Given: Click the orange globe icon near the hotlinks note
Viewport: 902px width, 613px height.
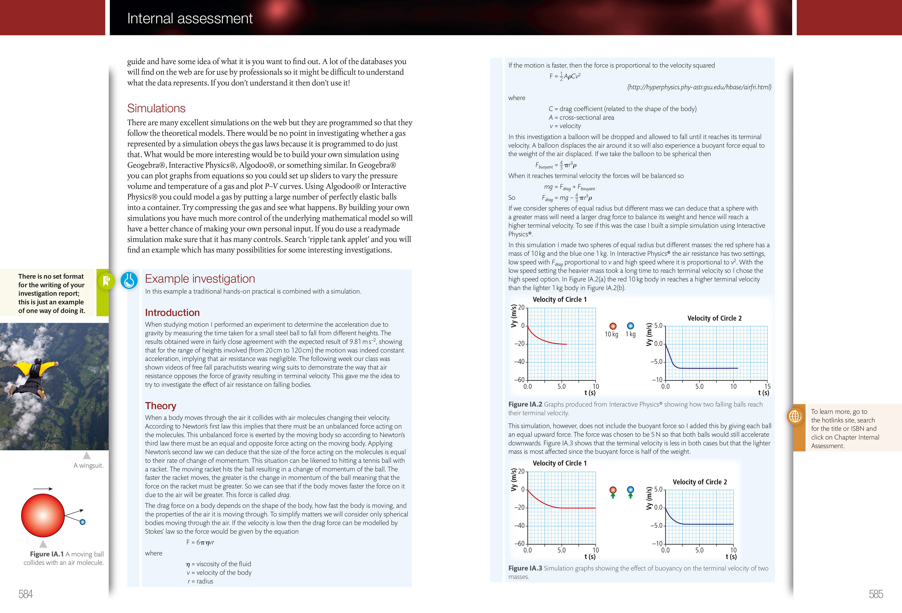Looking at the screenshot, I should tap(795, 417).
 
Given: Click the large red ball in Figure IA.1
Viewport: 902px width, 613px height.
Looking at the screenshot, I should tap(43, 515).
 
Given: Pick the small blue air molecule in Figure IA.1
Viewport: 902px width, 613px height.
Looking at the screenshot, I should tap(82, 522).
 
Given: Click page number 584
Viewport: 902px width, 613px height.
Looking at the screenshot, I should tap(26, 594).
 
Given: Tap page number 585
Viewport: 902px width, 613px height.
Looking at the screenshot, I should tap(876, 594).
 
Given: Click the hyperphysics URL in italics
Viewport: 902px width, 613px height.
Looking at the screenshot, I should tap(699, 87).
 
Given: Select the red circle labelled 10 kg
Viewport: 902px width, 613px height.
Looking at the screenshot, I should tap(613, 326).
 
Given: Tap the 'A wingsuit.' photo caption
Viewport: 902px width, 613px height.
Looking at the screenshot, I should tap(89, 465).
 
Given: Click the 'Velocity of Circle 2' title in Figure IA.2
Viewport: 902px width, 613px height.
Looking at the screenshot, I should tap(714, 318).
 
